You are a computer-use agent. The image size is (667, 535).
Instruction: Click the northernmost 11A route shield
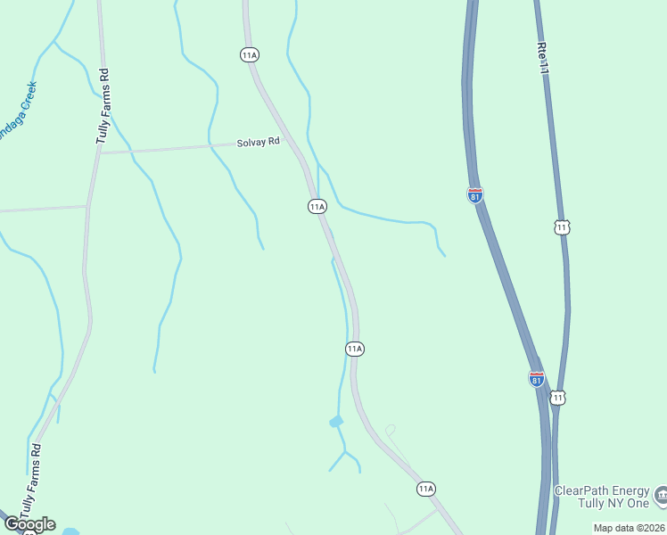point(250,55)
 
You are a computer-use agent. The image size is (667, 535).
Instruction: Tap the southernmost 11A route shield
point(426,489)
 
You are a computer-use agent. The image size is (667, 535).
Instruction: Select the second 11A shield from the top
point(317,207)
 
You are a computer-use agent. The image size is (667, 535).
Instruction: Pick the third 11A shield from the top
point(355,349)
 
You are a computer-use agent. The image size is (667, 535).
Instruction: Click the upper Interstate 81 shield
point(475,195)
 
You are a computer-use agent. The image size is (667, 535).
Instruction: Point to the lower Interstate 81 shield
point(537,379)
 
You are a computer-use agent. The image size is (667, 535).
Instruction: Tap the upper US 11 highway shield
point(561,227)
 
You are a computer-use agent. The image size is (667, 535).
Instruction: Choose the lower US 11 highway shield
point(557,398)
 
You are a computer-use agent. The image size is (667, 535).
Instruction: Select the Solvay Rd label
point(259,143)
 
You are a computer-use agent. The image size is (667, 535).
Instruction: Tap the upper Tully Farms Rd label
point(103,106)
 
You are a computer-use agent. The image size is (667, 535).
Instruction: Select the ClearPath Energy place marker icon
point(661,494)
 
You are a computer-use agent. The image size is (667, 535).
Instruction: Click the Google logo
point(29,524)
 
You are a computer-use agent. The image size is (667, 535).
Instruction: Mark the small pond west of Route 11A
point(336,421)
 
